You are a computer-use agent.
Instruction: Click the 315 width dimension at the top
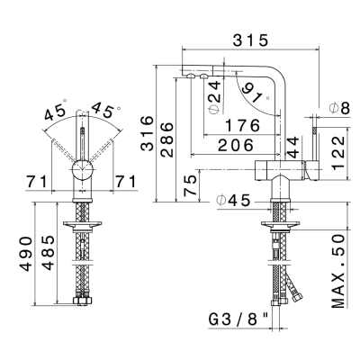[x=250, y=40]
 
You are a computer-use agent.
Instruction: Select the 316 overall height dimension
[x=147, y=132]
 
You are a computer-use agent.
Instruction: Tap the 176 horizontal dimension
[x=242, y=125]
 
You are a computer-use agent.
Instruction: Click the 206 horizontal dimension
[x=236, y=145]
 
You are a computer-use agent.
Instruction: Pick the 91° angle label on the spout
[x=255, y=93]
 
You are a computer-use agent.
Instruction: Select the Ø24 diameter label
[x=215, y=96]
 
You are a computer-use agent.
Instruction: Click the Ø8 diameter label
[x=339, y=108]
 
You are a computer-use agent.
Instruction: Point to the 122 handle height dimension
[x=339, y=153]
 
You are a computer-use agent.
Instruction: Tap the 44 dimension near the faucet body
[x=292, y=147]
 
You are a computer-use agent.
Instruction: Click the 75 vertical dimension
[x=190, y=185]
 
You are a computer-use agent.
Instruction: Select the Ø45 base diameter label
[x=233, y=200]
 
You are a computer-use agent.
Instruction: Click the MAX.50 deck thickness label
[x=337, y=272]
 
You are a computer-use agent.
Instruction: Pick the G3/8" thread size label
[x=238, y=320]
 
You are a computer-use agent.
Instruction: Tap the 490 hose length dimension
[x=26, y=254]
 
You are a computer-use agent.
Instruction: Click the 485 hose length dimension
[x=48, y=253]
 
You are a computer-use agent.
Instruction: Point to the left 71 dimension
[x=37, y=182]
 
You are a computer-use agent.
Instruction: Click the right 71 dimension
[x=126, y=182]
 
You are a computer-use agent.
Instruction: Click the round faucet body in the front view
[x=82, y=169]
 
